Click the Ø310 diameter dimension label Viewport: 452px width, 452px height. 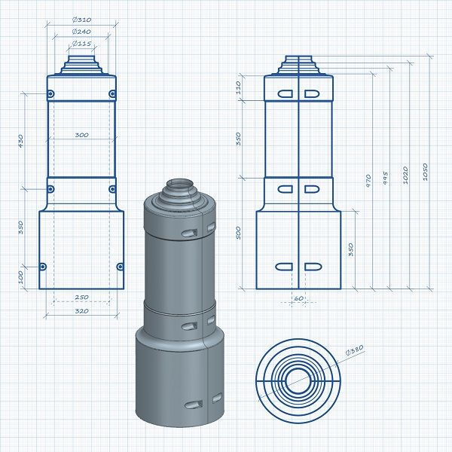[x=81, y=20]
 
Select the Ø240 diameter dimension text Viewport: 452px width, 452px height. [x=81, y=32]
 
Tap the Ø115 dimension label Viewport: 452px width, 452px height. [x=81, y=44]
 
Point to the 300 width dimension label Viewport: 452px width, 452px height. [x=81, y=135]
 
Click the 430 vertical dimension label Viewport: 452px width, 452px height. [x=20, y=141]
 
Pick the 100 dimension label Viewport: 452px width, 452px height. [x=20, y=277]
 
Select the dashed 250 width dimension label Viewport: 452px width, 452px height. [x=81, y=298]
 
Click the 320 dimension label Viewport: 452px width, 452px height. [x=81, y=311]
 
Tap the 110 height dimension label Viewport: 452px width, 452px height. [x=238, y=87]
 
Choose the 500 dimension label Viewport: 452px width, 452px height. [x=238, y=233]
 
